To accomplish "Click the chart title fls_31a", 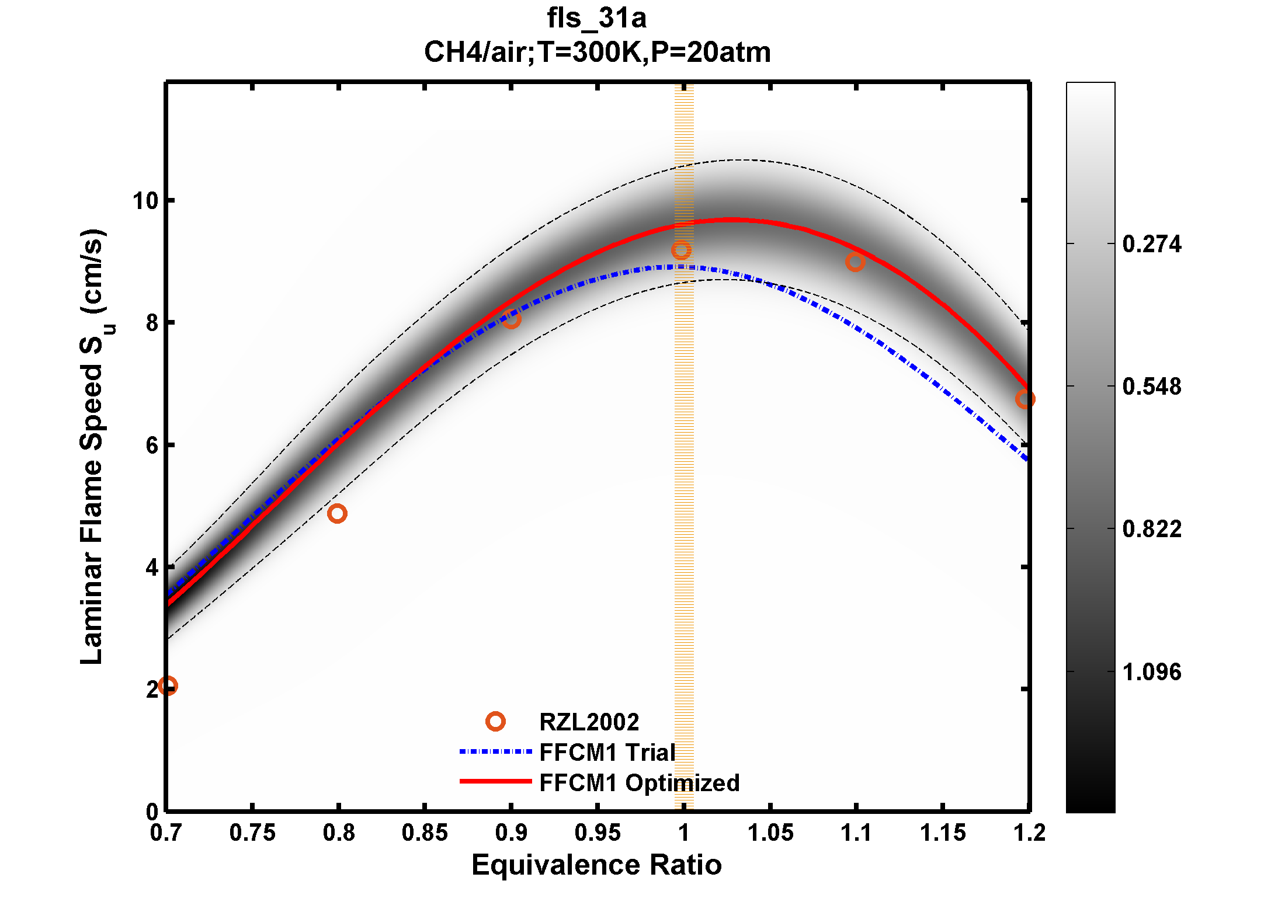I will (x=596, y=18).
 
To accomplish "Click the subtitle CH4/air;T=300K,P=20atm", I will (x=596, y=52).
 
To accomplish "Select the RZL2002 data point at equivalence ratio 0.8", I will (x=337, y=513).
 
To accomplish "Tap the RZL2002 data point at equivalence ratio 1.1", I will (x=855, y=262).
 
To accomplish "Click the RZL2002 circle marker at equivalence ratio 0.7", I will (x=168, y=685).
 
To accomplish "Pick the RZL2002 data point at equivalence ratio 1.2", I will (x=1025, y=399).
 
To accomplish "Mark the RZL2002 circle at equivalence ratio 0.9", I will (x=511, y=319).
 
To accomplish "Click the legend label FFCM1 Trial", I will (x=607, y=752).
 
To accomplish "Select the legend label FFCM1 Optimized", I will (x=639, y=782).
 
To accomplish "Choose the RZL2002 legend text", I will (x=589, y=722).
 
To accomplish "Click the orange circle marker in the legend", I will (x=495, y=722).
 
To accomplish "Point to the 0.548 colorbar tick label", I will (x=1151, y=387).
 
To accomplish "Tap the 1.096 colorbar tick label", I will (x=1151, y=672).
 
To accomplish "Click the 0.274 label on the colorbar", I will (x=1151, y=244).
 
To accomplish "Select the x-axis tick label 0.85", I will (x=425, y=833).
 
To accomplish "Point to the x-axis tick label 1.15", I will (x=943, y=833).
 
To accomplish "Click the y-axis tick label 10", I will (x=145, y=201).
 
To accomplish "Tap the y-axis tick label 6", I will (x=152, y=445).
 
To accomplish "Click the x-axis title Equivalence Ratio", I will (x=596, y=865).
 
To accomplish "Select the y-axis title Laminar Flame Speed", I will (x=92, y=447).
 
